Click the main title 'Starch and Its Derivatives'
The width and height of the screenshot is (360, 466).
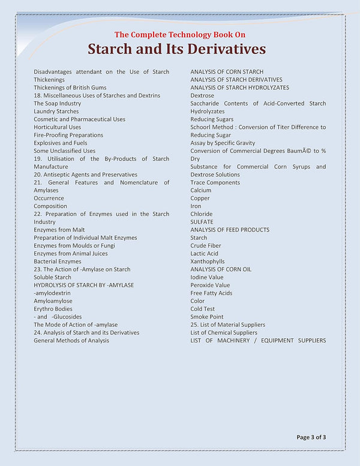(x=176, y=48)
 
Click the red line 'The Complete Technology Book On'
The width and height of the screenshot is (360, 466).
(x=176, y=34)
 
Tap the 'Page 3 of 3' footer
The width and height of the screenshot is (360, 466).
(x=311, y=437)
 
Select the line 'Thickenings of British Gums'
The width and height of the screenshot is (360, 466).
(x=70, y=88)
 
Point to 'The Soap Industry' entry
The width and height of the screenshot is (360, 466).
(x=57, y=103)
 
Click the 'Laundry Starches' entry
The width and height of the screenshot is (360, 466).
(x=56, y=112)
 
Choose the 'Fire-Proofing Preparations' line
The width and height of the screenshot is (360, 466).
(x=68, y=135)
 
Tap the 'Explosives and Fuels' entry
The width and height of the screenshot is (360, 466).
(x=60, y=143)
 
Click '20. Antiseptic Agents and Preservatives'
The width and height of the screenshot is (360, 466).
(x=85, y=175)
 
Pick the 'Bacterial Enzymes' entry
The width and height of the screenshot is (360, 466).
(x=58, y=261)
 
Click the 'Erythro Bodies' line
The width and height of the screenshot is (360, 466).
(x=53, y=309)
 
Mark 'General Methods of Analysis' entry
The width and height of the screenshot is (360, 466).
(x=71, y=341)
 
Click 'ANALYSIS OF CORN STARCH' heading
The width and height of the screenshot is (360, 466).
(x=227, y=72)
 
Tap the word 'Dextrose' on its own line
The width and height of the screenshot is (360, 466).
(x=202, y=95)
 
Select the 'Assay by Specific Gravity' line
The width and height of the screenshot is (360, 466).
(x=223, y=143)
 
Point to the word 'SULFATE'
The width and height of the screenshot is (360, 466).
(x=202, y=222)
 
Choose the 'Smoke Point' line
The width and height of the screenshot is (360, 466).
(x=207, y=317)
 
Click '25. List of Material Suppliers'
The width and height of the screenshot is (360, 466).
(x=227, y=324)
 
